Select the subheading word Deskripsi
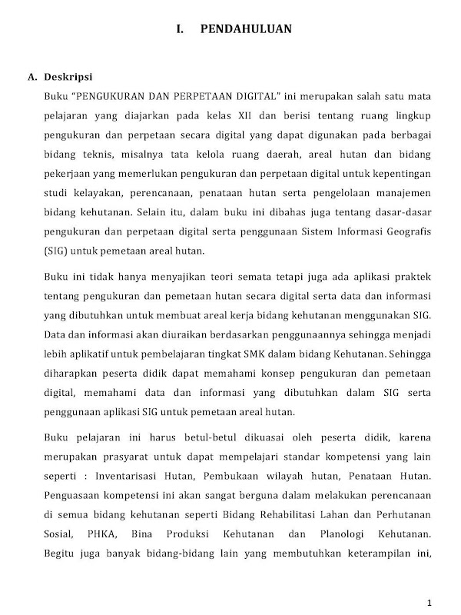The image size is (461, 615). [69, 77]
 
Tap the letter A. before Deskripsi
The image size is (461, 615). [32, 77]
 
